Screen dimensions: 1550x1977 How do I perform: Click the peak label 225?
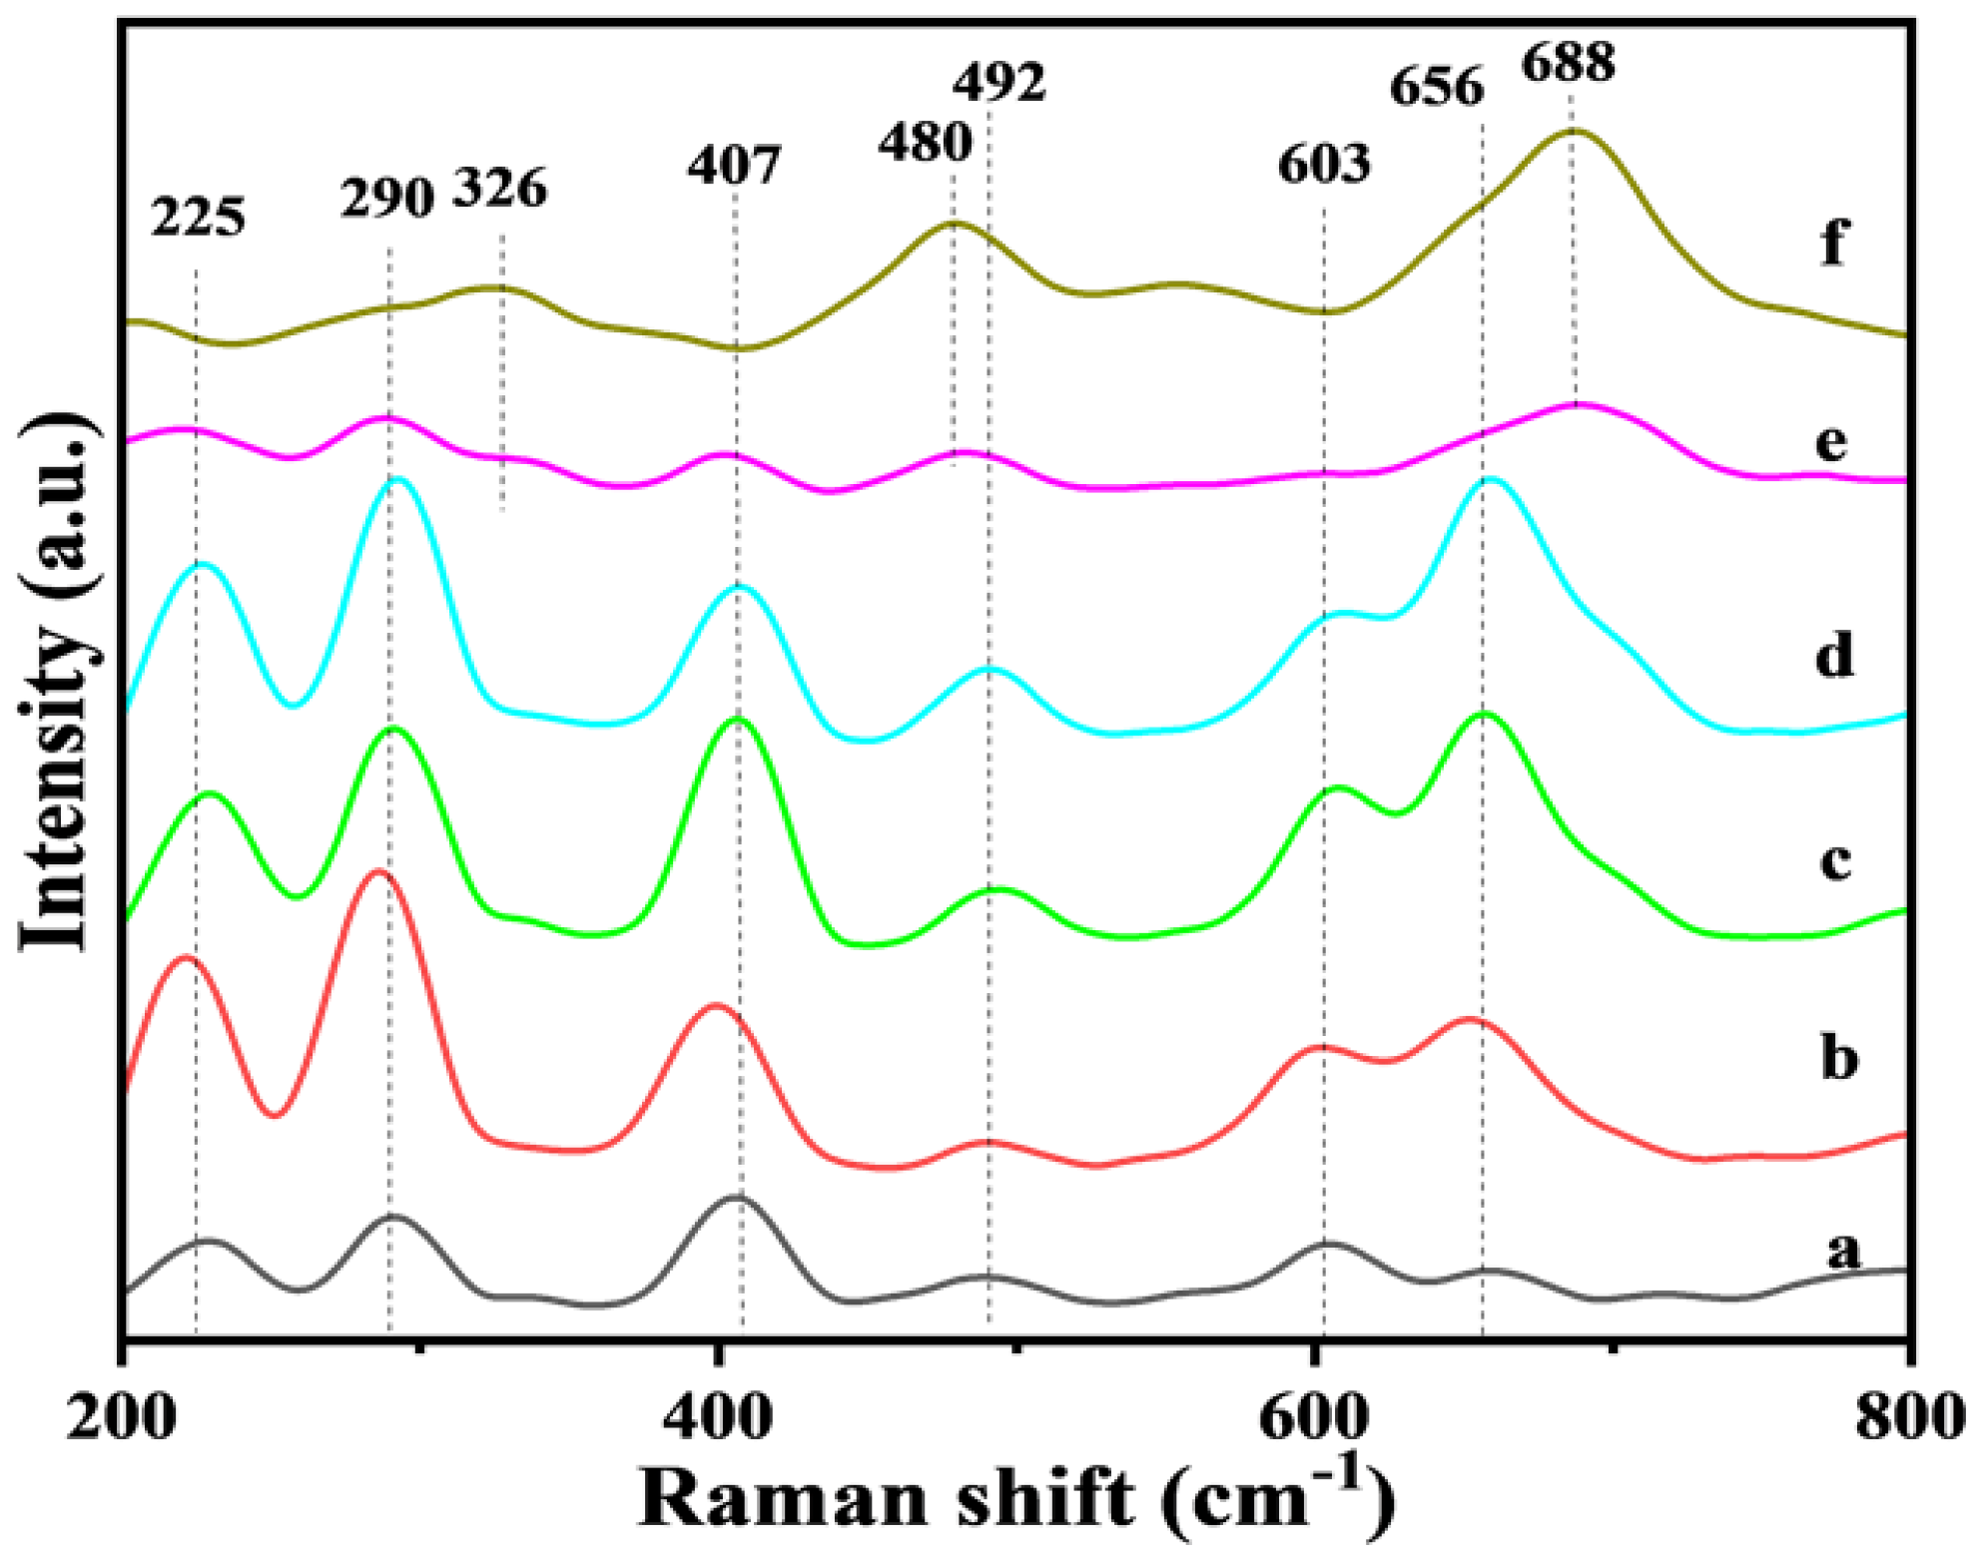198,217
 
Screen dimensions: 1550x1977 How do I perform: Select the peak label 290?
386,198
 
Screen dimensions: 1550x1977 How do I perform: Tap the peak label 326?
500,188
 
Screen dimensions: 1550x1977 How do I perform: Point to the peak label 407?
733,165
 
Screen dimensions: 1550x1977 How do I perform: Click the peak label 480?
925,142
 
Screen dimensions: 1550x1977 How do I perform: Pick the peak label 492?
998,82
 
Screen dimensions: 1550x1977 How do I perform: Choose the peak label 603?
1324,163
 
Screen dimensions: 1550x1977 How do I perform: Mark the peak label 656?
1437,87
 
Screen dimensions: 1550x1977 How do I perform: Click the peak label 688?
1568,63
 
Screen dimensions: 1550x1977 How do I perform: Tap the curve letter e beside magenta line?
1831,441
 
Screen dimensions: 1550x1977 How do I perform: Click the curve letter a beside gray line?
1843,1249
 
